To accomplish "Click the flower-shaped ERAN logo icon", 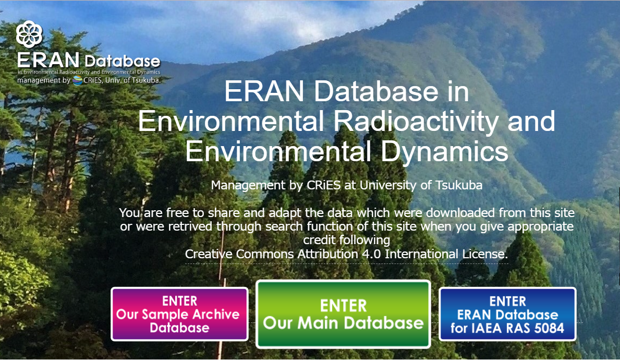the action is (x=29, y=34).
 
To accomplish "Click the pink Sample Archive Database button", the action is (x=179, y=314).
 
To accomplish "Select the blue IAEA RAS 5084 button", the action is (x=507, y=314).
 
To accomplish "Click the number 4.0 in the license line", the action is (x=371, y=254).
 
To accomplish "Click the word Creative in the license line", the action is (x=209, y=254).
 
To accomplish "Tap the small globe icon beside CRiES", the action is (x=78, y=80).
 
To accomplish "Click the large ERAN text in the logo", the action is (x=48, y=61).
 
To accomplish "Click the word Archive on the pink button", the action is (x=216, y=314).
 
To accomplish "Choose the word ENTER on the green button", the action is (x=343, y=306).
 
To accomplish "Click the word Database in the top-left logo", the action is (x=122, y=62).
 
